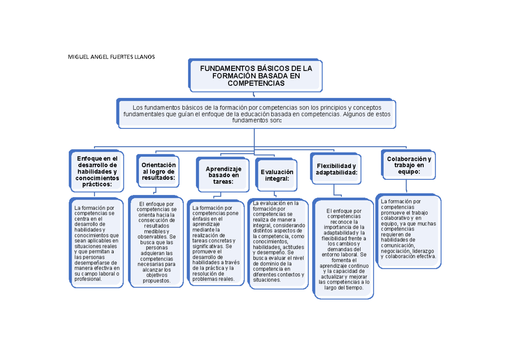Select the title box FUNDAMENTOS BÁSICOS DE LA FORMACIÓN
[x=256, y=75]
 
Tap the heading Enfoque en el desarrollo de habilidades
[x=97, y=171]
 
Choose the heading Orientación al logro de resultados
[x=158, y=171]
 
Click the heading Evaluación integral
[x=277, y=175]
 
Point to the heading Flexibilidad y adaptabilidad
[x=336, y=169]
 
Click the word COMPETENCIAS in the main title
[x=256, y=84]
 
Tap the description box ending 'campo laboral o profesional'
[x=97, y=243]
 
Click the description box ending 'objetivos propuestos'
[x=157, y=242]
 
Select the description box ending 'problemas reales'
[x=216, y=243]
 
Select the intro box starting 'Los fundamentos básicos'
[x=257, y=114]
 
